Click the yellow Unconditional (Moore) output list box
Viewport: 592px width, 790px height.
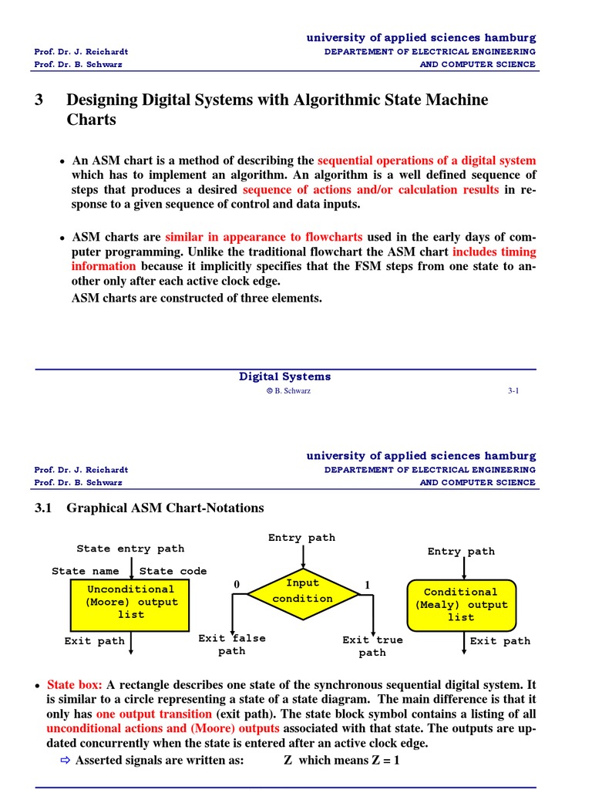pos(131,602)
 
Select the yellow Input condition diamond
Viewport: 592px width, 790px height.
pos(303,592)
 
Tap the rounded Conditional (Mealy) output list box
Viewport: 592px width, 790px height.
pos(461,604)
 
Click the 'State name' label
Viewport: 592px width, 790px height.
pos(86,571)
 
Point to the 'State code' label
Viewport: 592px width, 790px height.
pos(173,571)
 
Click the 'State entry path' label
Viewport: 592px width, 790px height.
pos(130,549)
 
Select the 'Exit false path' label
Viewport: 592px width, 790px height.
pos(232,644)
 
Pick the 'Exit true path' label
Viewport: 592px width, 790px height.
pos(372,646)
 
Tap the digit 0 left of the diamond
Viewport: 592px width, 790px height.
pos(237,586)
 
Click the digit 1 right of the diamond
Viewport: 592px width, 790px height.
pos(368,586)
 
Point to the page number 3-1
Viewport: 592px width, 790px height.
pos(513,391)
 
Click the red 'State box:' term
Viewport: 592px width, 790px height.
pos(75,685)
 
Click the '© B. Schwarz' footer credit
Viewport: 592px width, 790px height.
pos(288,391)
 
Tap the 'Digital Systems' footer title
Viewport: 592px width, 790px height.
pos(284,376)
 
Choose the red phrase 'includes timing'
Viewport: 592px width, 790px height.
pos(494,252)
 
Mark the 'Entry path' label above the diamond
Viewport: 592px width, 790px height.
pos(301,537)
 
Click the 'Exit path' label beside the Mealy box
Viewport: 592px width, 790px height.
pos(500,641)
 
